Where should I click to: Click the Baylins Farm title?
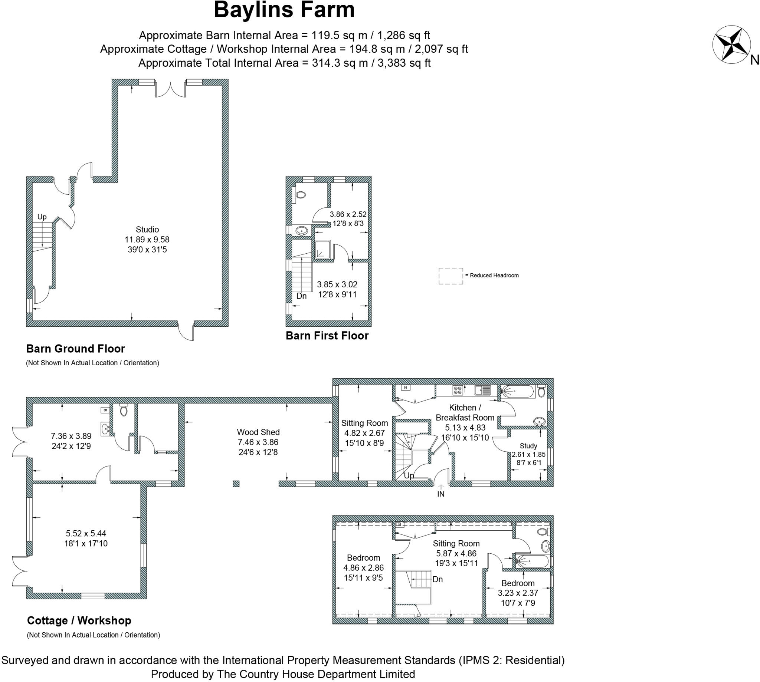tap(284, 10)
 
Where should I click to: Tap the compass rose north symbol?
tap(731, 44)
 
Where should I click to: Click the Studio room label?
tap(147, 229)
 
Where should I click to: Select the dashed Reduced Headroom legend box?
tap(451, 276)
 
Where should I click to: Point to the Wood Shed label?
tap(258, 432)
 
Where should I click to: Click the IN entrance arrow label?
tap(440, 494)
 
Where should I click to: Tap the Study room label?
tap(528, 446)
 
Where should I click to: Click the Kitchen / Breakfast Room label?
tap(465, 412)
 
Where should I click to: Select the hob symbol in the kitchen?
tap(457, 390)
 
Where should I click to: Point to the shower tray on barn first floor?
tap(322, 250)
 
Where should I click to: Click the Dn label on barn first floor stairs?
tap(301, 296)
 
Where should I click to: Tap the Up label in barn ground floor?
tap(42, 217)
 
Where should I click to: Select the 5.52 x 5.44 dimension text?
tap(86, 533)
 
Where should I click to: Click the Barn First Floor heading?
tap(327, 335)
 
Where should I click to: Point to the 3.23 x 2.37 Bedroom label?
tap(517, 593)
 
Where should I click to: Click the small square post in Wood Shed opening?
tap(236, 483)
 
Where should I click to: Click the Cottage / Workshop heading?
tap(79, 620)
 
